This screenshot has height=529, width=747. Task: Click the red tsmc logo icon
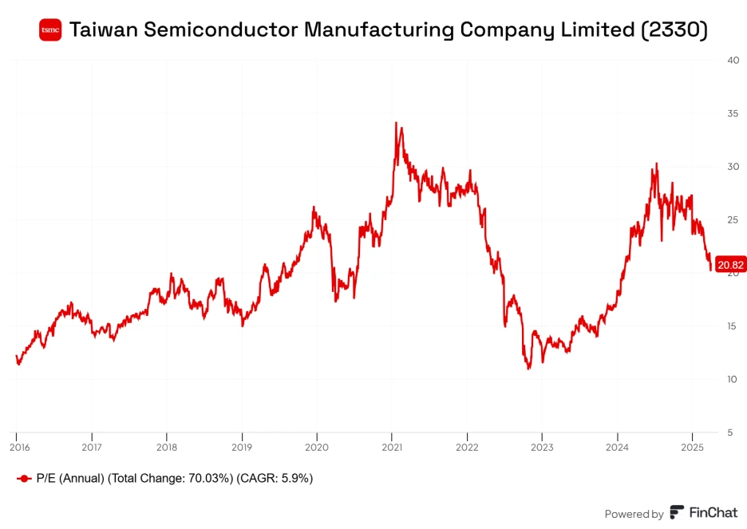coord(50,30)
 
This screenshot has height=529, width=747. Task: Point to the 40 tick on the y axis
coord(732,60)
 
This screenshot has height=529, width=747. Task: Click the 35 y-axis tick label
coord(732,113)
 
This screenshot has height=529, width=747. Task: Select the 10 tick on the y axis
coord(732,379)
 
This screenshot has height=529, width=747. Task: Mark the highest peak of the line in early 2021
coord(397,123)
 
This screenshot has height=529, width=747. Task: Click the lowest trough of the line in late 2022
coord(528,369)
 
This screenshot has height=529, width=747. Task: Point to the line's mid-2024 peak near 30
coord(656,164)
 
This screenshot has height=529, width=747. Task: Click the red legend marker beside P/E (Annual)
coord(24,479)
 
